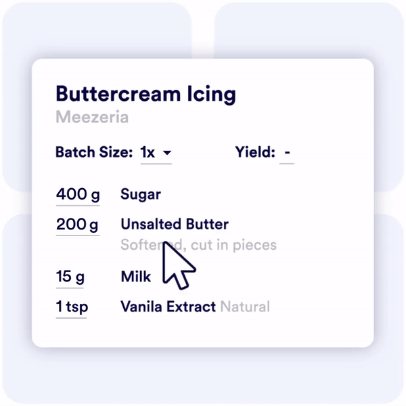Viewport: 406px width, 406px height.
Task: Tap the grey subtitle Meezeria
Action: coord(92,117)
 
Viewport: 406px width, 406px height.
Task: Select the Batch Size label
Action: coord(94,152)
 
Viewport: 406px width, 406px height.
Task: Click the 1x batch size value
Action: coord(148,152)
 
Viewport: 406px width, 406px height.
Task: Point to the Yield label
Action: coord(255,152)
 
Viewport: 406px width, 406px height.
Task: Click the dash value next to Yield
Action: coord(288,153)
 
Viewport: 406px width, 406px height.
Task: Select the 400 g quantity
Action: coord(78,195)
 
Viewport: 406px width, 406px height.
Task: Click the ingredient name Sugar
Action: coord(141,195)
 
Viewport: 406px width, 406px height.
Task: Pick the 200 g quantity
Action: coord(78,224)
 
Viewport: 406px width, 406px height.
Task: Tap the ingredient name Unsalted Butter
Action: coord(175,224)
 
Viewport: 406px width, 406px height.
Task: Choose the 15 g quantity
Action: coord(70,277)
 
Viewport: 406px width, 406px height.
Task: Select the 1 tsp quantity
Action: coord(72,307)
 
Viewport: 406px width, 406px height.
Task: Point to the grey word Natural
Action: coord(245,307)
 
